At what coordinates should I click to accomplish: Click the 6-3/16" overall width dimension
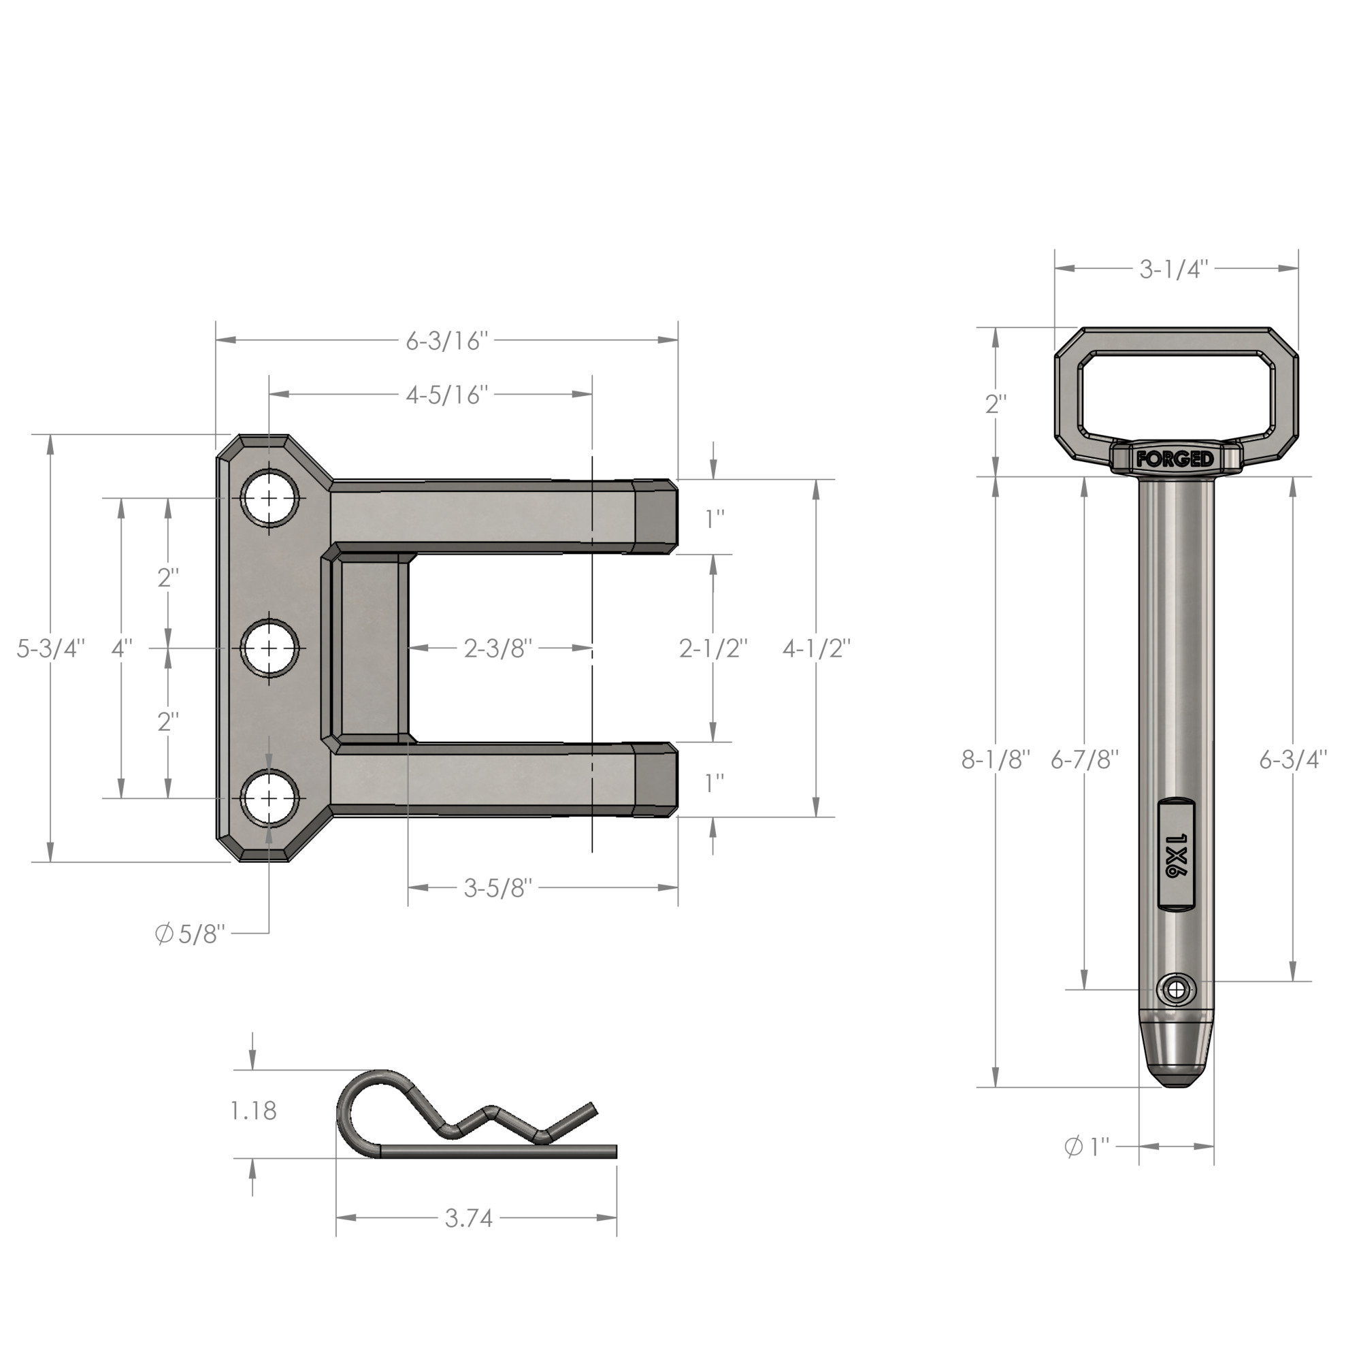tap(446, 341)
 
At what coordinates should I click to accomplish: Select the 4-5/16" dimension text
tap(446, 395)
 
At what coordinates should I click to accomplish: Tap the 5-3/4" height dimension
tap(51, 648)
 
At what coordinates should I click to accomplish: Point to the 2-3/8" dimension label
tap(498, 648)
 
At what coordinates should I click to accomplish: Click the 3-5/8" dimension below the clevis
tap(498, 888)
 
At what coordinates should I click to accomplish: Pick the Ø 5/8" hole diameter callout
tap(191, 934)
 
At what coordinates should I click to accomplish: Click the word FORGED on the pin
tap(1175, 460)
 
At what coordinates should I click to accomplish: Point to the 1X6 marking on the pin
tap(1176, 855)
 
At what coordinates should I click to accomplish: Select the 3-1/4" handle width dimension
tap(1175, 269)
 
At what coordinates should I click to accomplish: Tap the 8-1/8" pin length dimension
tap(996, 760)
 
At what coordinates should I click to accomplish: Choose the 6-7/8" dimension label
tap(1085, 760)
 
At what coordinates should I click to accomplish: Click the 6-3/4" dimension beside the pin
tap(1294, 760)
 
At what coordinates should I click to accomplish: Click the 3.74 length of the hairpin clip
tap(468, 1218)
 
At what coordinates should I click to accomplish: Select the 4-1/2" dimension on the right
tap(817, 648)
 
